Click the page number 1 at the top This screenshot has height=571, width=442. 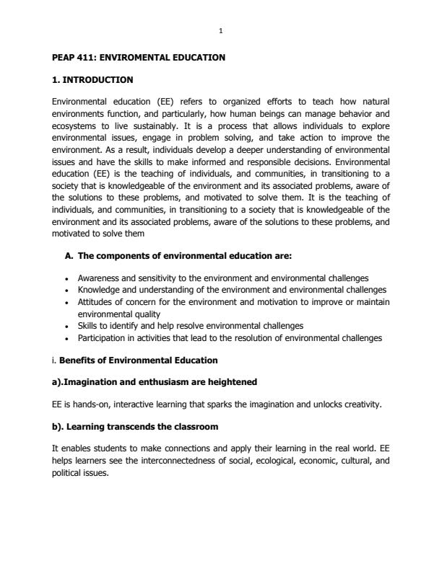tap(221, 30)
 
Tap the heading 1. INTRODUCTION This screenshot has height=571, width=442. tap(92, 79)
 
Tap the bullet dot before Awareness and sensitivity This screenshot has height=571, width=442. tap(66, 278)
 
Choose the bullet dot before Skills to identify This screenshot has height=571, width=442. tap(66, 326)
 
